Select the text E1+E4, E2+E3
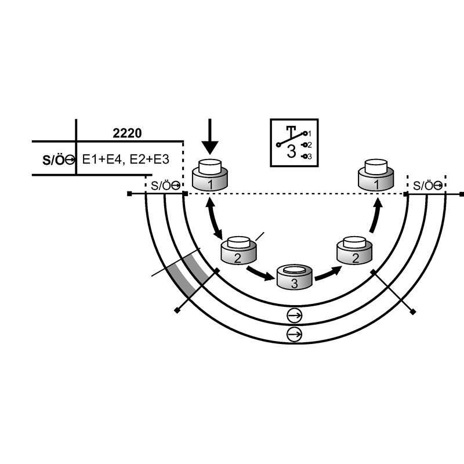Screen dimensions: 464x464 128,159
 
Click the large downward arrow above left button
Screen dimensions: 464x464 210,136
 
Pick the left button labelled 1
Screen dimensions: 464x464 211,176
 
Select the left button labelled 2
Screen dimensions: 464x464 238,251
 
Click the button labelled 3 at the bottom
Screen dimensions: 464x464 295,278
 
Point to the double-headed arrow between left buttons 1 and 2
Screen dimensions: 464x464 214,218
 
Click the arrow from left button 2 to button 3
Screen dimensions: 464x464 260,272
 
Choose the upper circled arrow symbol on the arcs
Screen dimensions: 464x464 295,316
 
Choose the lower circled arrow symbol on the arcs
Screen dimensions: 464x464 295,335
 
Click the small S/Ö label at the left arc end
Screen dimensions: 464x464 164,186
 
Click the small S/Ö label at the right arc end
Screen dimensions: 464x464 426,186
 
